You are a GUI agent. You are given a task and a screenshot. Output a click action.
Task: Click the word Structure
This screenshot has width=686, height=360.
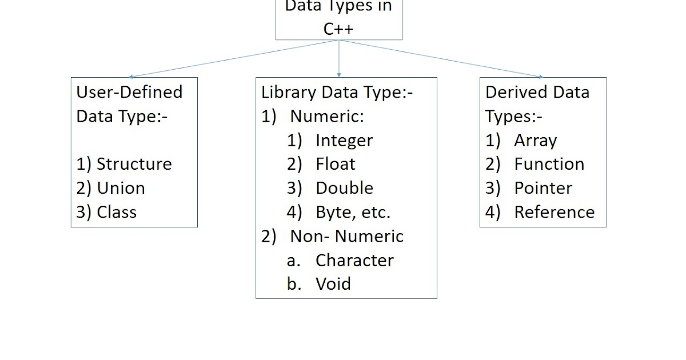[134, 164]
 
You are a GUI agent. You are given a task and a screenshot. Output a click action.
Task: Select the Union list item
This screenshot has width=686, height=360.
[121, 188]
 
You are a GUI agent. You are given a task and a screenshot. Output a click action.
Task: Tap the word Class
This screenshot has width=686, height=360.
[117, 212]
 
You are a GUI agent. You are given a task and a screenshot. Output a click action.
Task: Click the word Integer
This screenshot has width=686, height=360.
[344, 141]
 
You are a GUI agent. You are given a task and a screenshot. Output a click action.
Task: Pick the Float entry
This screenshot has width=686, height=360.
[336, 164]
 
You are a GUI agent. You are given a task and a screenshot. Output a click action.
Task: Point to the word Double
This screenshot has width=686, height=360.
[344, 188]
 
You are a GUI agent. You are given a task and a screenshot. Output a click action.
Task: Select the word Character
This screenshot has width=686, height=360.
[354, 261]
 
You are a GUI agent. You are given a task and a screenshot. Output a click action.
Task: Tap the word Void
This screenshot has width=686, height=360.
[333, 284]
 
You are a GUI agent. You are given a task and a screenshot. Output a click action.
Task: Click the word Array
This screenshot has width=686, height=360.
[535, 141]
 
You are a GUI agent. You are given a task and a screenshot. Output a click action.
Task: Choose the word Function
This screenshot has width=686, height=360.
[549, 164]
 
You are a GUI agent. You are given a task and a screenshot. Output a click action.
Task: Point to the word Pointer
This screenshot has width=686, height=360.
[543, 188]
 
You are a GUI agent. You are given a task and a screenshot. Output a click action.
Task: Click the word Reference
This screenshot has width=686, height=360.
[555, 212]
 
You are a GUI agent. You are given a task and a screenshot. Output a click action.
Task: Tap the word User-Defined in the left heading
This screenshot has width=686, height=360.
[129, 92]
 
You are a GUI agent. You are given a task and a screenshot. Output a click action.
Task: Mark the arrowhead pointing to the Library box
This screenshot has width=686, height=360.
[339, 74]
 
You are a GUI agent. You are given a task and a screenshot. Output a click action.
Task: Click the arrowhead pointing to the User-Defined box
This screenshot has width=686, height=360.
[131, 76]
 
